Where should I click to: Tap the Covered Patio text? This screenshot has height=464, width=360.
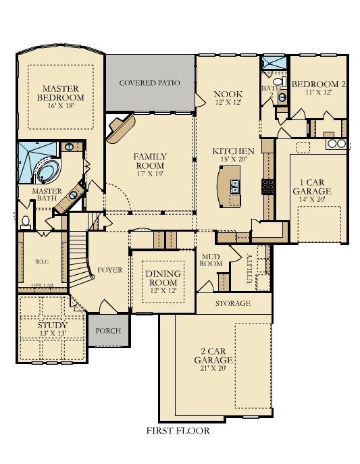tap(149, 83)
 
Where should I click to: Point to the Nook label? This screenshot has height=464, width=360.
tap(228, 98)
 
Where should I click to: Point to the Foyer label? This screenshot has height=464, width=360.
tap(110, 270)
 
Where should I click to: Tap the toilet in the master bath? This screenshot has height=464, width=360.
tap(26, 221)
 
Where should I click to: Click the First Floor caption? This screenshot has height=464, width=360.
tap(178, 430)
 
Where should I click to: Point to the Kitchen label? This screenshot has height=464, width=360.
tap(233, 155)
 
